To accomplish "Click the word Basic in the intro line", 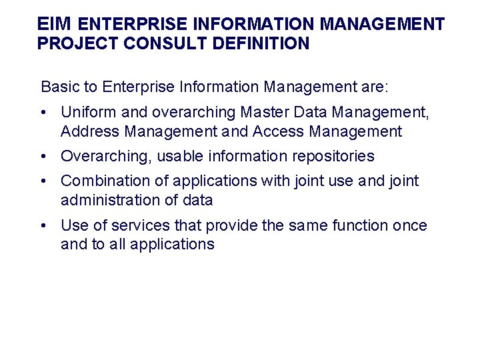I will point(59,87).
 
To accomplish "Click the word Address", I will point(89,131).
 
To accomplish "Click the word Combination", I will point(102,181).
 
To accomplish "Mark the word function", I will point(357,225).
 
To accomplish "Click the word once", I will point(409,225).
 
